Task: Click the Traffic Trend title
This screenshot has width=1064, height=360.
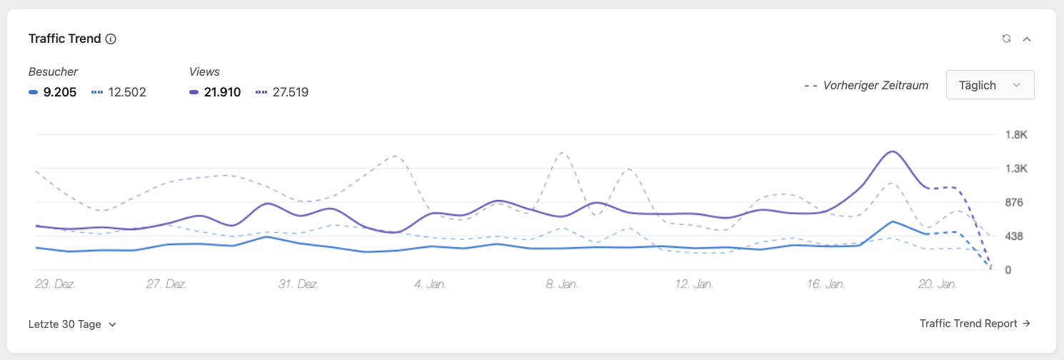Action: [x=64, y=39]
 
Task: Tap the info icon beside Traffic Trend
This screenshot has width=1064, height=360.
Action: [x=111, y=39]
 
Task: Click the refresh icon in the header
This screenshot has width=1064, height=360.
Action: [x=1006, y=39]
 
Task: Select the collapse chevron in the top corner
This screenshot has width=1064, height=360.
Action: [x=1027, y=39]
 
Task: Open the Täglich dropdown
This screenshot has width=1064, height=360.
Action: [x=990, y=85]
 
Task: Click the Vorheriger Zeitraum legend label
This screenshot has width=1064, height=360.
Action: [x=875, y=85]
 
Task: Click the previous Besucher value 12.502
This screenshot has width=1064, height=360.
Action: [x=127, y=91]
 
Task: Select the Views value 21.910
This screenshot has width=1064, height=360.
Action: [x=222, y=91]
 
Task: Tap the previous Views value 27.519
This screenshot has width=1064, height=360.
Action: [x=290, y=91]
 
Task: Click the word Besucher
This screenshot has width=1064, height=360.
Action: [x=53, y=71]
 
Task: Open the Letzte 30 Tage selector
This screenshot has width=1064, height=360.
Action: [x=72, y=324]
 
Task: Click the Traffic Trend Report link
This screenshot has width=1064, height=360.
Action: [x=975, y=324]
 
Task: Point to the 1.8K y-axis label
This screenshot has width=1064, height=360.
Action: [x=1015, y=135]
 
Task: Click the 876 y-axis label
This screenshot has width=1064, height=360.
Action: [x=1014, y=202]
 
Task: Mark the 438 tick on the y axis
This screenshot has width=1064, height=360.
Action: [x=1014, y=236]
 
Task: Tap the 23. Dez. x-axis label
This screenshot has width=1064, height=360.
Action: [x=56, y=284]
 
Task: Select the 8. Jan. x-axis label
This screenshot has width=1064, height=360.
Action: [x=561, y=284]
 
